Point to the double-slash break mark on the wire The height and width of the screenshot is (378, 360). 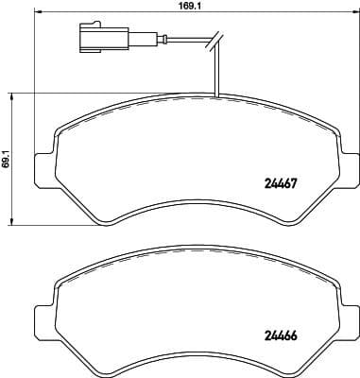pyautogui.click(x=215, y=40)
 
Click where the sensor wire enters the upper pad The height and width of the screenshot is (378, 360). pyautogui.click(x=216, y=97)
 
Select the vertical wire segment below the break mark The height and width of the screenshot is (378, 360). pyautogui.click(x=216, y=71)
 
